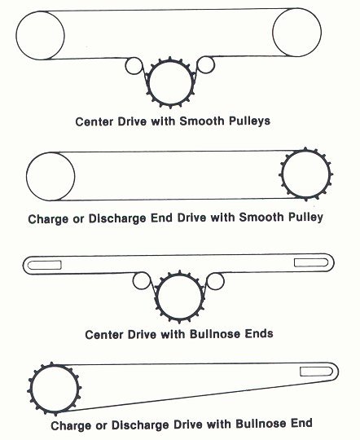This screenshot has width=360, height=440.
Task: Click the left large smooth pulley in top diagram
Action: click(16, 35)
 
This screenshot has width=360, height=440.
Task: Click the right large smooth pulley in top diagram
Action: click(273, 33)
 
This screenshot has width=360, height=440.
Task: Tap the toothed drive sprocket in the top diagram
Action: click(148, 83)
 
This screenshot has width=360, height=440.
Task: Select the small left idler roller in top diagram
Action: click(125, 66)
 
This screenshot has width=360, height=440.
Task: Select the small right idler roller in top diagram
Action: click(214, 64)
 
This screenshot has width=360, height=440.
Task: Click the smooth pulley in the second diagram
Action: click(26, 177)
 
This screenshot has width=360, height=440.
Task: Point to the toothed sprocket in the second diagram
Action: click(282, 174)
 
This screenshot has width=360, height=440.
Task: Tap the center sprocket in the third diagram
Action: click(157, 297)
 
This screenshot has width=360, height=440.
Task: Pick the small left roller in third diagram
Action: click(133, 281)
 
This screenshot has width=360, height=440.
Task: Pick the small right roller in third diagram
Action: click(224, 281)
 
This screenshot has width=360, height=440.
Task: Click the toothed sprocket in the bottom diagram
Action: click(31, 389)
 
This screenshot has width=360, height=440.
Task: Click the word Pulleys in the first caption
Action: click(250, 121)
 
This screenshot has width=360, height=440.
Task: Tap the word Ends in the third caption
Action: click(259, 333)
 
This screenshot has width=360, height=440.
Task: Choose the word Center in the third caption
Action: click(104, 335)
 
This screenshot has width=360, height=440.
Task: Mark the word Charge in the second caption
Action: click(48, 219)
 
